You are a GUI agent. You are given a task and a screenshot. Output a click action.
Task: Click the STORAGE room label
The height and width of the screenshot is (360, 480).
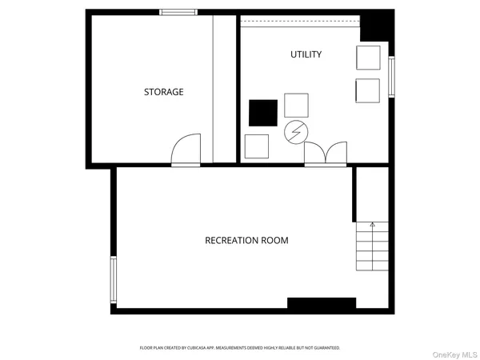[x=163, y=92]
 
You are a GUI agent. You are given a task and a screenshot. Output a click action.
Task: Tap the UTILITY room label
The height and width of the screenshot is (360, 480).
[x=306, y=54]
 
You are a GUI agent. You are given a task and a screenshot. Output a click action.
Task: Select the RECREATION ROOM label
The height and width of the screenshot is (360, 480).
[x=246, y=240]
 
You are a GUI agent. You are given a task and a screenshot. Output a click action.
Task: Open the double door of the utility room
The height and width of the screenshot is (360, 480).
[x=326, y=154]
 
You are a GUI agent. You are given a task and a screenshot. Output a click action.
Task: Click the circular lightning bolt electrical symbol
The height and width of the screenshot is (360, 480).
[x=295, y=130]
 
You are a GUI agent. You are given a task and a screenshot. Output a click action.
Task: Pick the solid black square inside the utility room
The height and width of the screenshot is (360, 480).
[x=262, y=113]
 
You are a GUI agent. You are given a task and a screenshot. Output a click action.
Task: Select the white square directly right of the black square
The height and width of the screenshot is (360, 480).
[x=296, y=106]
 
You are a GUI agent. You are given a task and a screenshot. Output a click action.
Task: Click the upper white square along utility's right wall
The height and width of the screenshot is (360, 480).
[x=368, y=58]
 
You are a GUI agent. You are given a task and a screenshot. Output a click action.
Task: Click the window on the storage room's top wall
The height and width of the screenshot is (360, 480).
[x=178, y=12]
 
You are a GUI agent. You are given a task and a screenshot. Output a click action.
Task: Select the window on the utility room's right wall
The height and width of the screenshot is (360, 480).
[x=391, y=77]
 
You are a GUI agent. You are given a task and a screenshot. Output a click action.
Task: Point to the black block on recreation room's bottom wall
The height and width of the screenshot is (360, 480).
[x=321, y=302]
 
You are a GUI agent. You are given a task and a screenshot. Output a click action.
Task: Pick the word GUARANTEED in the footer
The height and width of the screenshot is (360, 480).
[x=327, y=348]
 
